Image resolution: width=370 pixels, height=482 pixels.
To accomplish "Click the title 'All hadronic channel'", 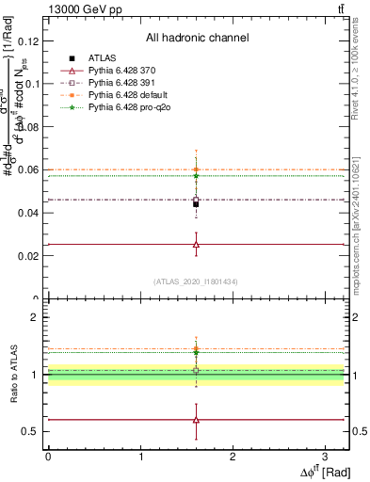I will tap(197, 39).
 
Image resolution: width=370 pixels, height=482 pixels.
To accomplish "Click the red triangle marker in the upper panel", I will tap(196, 244).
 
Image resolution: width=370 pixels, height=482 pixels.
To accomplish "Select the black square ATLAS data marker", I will tap(196, 203).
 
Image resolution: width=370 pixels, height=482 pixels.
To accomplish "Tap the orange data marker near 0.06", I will tap(196, 169).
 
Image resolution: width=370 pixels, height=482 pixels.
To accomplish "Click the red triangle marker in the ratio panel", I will tap(196, 420).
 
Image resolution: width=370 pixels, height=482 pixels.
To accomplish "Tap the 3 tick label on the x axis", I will tap(324, 456).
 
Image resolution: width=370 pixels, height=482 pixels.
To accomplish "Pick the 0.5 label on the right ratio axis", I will tap(359, 431).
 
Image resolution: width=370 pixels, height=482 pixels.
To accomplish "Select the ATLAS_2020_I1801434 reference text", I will tap(196, 281).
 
